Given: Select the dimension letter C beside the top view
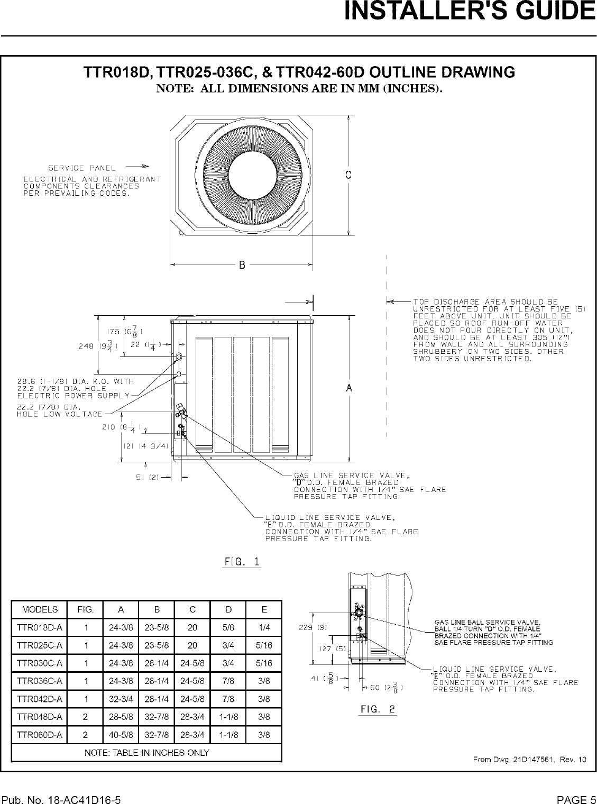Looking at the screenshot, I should pyautogui.click(x=348, y=175).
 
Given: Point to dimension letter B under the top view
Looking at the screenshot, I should pyautogui.click(x=242, y=265).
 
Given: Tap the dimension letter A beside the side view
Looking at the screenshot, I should pyautogui.click(x=348, y=388).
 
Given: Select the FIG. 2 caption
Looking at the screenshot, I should pyautogui.click(x=378, y=709).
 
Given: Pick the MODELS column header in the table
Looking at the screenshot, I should pyautogui.click(x=39, y=609).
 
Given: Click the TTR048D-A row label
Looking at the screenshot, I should pyautogui.click(x=39, y=717).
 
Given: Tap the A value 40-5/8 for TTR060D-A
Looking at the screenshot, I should pyautogui.click(x=121, y=735).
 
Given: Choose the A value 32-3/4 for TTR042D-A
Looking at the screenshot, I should pyautogui.click(x=121, y=699).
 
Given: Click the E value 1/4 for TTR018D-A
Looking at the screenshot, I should pyautogui.click(x=264, y=627).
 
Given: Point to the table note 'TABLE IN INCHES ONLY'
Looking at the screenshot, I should pyautogui.click(x=146, y=752).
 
